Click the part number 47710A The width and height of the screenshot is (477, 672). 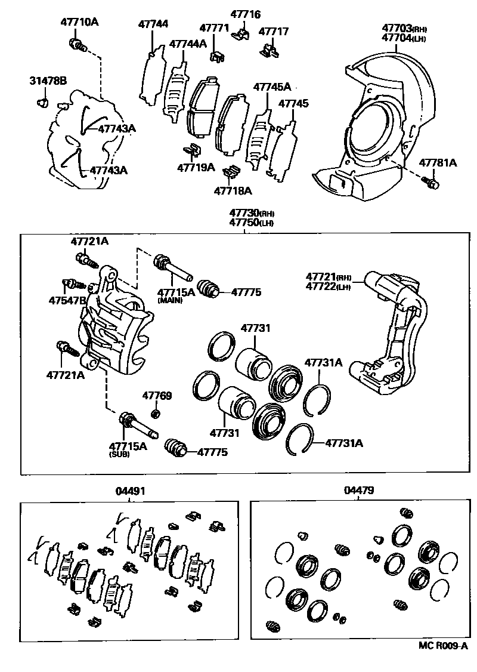point(79,23)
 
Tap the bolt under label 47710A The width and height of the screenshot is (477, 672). point(78,44)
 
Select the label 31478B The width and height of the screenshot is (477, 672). point(48,81)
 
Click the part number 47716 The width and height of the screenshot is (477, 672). point(247,14)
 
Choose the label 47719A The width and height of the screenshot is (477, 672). point(196,167)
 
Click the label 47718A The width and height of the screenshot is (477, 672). point(233,191)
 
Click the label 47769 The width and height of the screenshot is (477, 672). point(157,396)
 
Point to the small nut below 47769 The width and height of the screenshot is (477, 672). point(156,413)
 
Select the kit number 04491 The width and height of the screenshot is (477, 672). point(130,491)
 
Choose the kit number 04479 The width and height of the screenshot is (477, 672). point(359,491)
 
